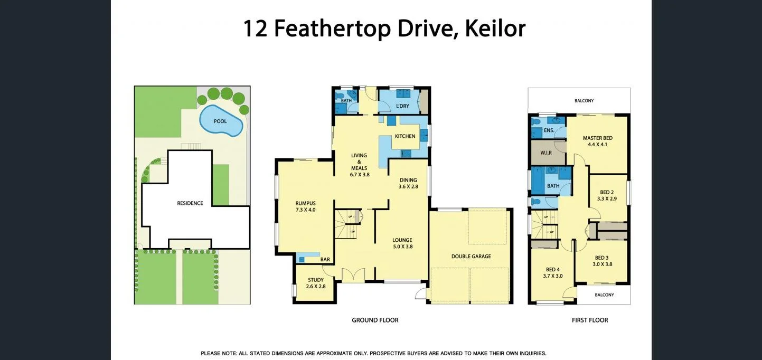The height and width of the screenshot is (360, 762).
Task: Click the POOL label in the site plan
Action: [220, 121]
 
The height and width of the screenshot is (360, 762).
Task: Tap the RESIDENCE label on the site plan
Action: [190, 203]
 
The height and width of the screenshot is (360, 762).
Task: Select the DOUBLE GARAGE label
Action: [471, 257]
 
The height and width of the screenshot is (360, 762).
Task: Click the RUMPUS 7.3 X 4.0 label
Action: [305, 206]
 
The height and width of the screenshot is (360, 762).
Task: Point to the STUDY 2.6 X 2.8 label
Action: [316, 283]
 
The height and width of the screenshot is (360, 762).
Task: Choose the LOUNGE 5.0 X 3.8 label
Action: [402, 243]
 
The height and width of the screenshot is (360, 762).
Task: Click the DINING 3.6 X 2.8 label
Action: [408, 183]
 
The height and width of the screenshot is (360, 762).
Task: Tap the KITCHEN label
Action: [405, 136]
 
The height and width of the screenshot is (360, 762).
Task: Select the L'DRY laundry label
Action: [402, 106]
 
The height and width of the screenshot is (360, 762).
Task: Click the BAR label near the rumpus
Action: [325, 260]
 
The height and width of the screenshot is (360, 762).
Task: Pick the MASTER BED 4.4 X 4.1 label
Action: [598, 141]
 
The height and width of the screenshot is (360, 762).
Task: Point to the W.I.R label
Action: [546, 153]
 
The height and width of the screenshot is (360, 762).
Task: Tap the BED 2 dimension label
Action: [607, 195]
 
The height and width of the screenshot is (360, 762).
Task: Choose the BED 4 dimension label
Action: [552, 272]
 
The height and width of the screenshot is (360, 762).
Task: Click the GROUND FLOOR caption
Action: [375, 320]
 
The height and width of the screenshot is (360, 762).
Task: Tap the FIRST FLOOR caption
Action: [590, 320]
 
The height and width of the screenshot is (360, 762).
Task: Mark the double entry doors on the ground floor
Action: [352, 276]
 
